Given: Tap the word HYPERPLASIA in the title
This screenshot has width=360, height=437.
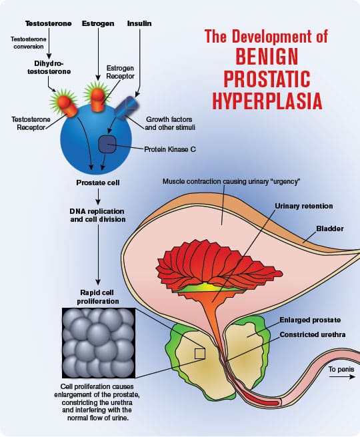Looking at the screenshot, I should click(267, 102).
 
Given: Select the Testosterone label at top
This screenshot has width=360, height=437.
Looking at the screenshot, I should click(37, 23).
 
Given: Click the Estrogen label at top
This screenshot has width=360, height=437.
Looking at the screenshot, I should click(98, 23).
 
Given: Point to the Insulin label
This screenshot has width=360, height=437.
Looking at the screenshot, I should click(140, 23).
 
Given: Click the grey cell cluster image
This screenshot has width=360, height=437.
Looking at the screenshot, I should click(99, 345).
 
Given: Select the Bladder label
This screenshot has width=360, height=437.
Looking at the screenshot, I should click(330, 228).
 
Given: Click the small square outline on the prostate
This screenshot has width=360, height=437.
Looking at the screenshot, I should click(199, 354).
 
